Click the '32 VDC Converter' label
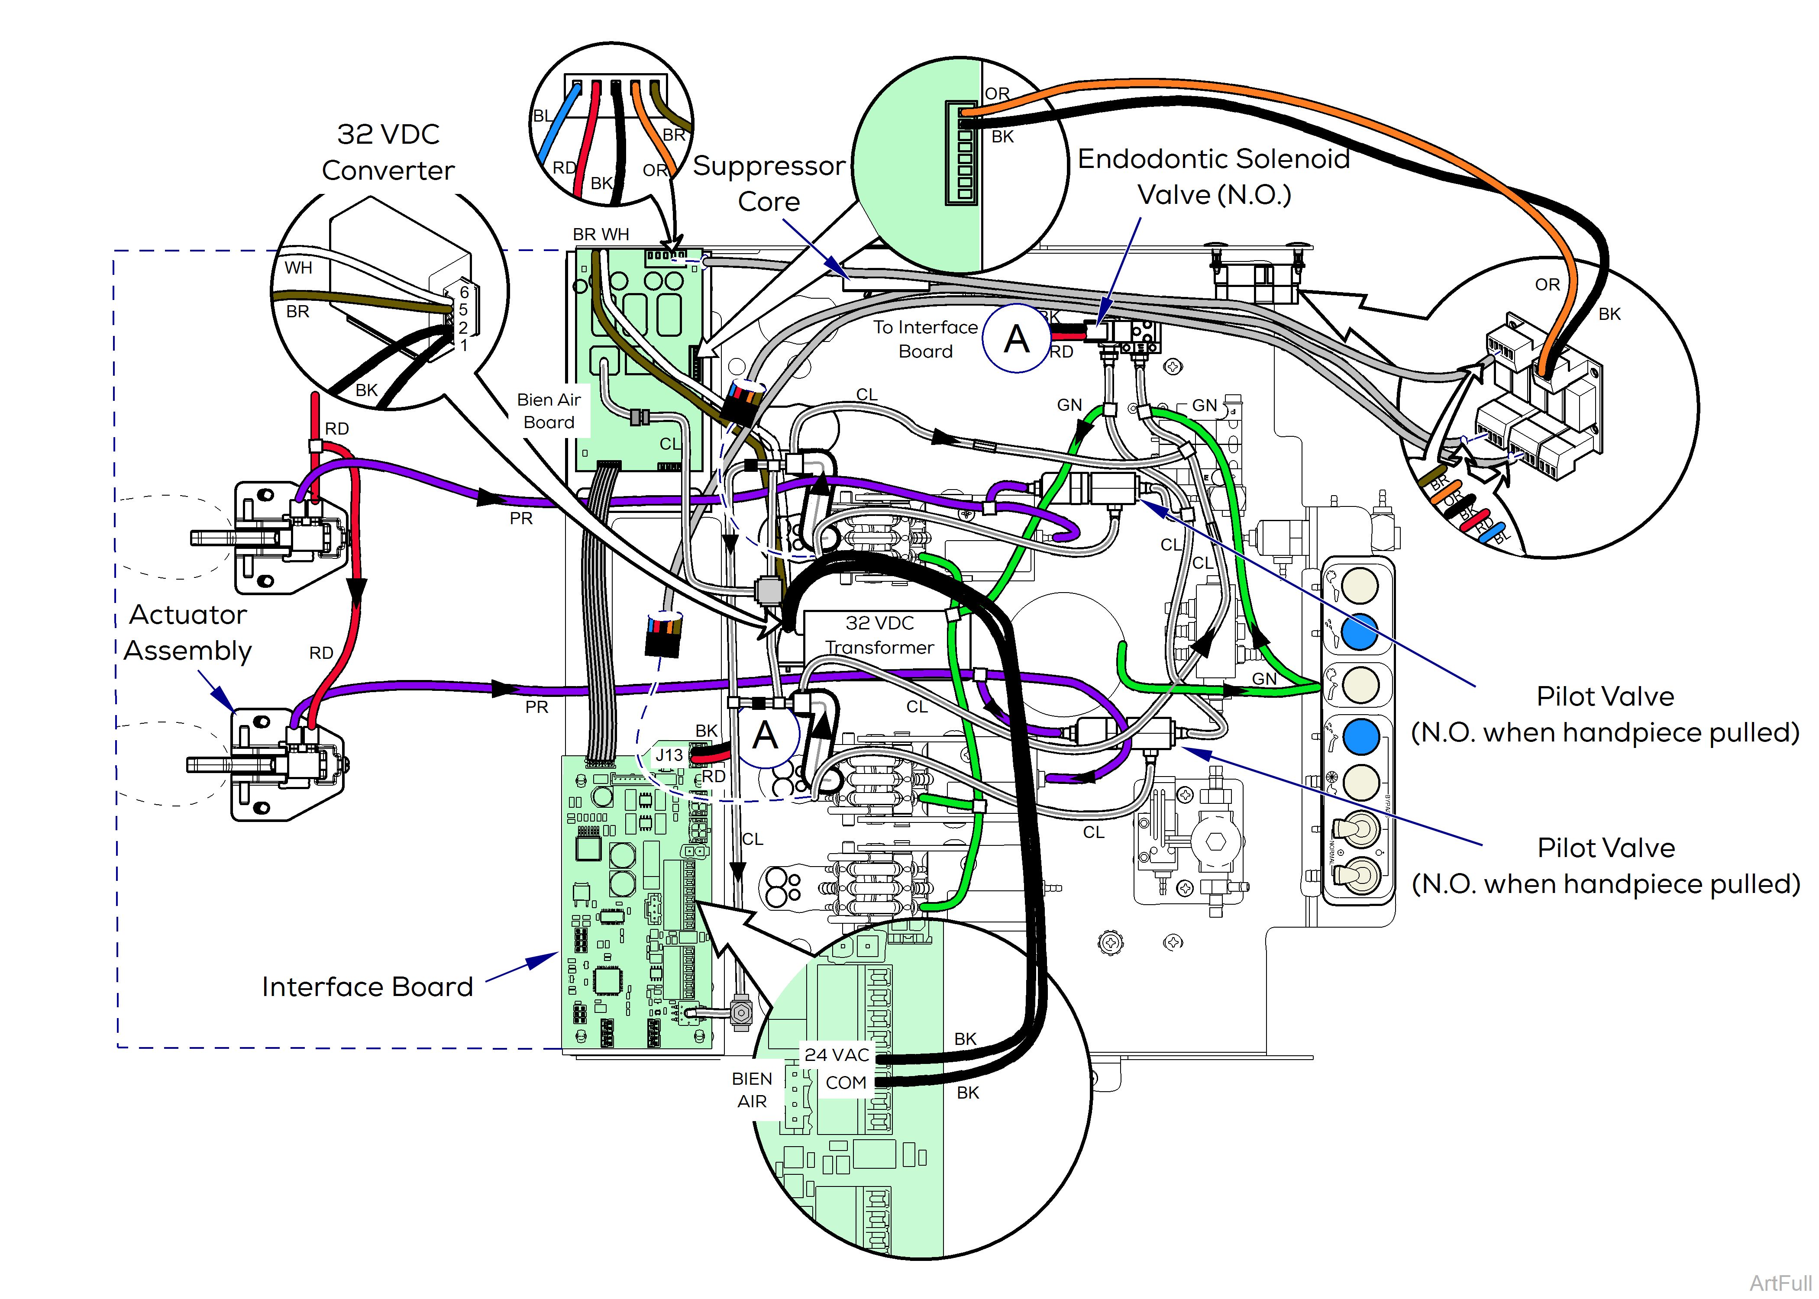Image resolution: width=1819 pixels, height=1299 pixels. pyautogui.click(x=388, y=152)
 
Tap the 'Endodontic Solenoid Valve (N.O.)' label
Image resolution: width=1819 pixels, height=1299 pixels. pyautogui.click(x=1214, y=177)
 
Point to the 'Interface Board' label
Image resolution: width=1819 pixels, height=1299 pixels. pyautogui.click(x=367, y=987)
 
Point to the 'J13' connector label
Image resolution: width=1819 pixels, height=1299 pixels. pyautogui.click(x=669, y=755)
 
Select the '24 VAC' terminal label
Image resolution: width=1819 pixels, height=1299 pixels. pyautogui.click(x=837, y=1055)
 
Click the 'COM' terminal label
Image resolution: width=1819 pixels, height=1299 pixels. pyautogui.click(x=846, y=1083)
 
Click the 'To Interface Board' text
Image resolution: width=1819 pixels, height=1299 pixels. pyautogui.click(x=925, y=339)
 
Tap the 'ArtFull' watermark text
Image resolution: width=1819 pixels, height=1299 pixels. pyautogui.click(x=1780, y=1283)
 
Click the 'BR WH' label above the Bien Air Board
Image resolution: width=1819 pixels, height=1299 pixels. pyautogui.click(x=601, y=234)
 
